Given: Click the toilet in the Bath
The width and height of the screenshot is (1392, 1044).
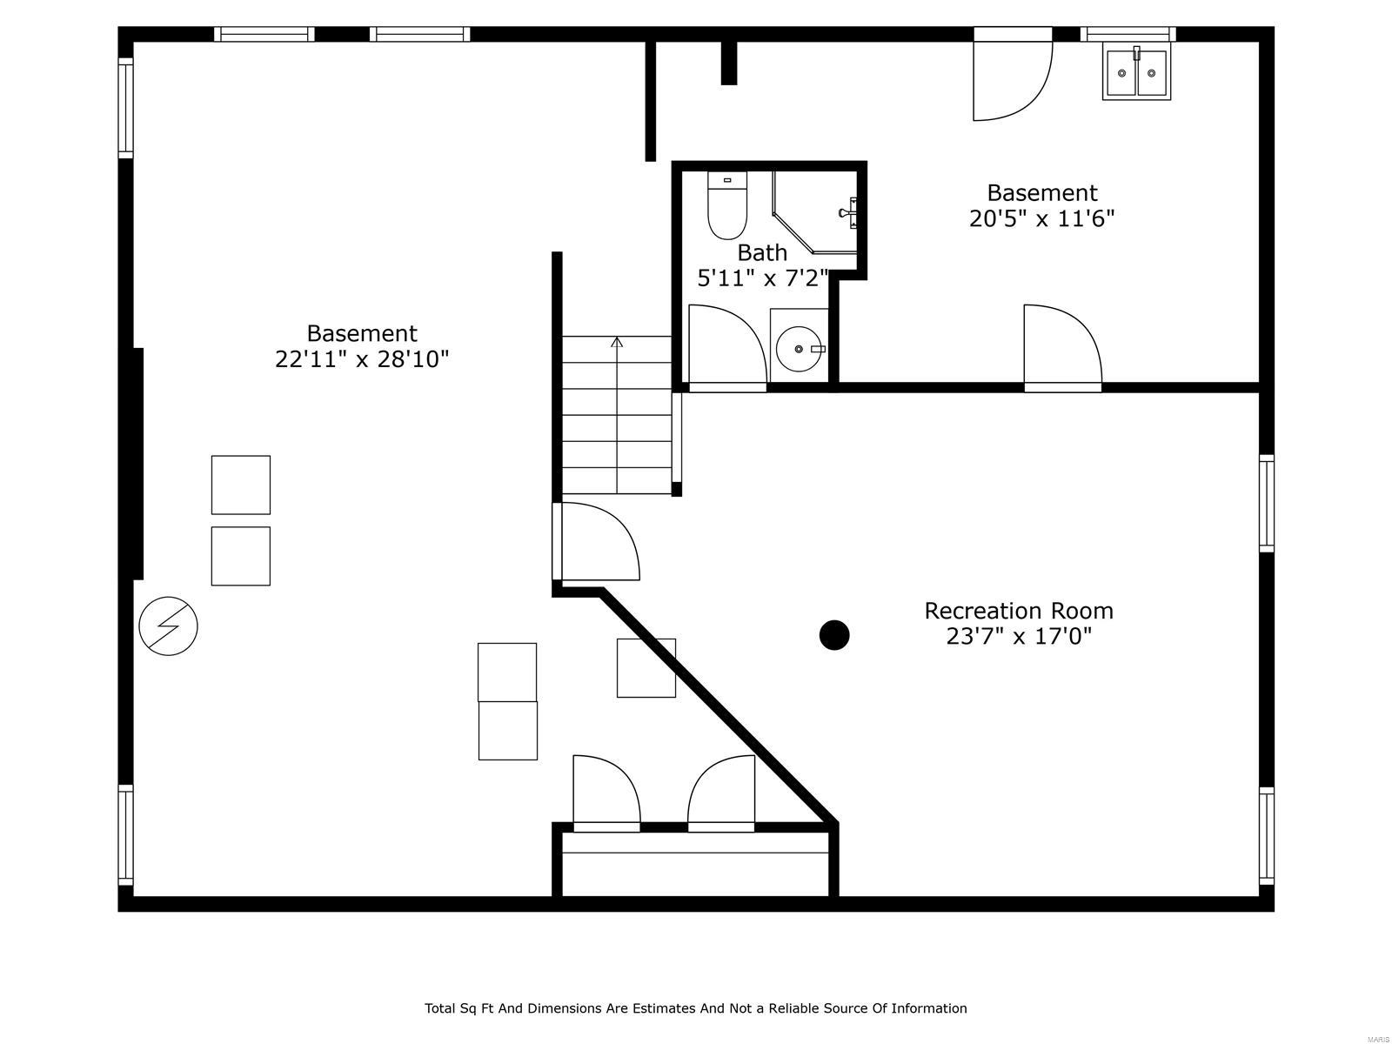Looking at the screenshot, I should click(x=727, y=207).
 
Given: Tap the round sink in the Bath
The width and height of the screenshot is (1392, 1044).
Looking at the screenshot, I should click(x=800, y=349).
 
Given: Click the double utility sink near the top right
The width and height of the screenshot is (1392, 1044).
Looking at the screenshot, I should click(x=1136, y=73).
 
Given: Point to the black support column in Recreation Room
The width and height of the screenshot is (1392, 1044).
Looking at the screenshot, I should click(x=834, y=635).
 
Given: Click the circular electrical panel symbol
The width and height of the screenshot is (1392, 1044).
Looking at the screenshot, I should click(x=169, y=626).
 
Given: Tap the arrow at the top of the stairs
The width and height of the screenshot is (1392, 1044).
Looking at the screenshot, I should click(x=617, y=343).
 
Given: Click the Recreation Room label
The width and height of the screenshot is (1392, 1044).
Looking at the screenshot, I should click(x=1018, y=611).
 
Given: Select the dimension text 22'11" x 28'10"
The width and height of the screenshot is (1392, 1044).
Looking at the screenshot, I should click(x=362, y=359).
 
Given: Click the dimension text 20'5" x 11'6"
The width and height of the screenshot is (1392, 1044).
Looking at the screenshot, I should click(x=1041, y=218).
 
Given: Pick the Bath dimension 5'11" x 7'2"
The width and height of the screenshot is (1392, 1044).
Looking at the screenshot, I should click(x=762, y=278).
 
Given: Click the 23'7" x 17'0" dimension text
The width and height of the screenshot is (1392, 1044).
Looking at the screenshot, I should click(x=1018, y=637).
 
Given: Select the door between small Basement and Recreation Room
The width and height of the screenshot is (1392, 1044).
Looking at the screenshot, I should click(x=1061, y=346).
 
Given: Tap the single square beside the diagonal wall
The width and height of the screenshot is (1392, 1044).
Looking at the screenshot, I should click(x=646, y=668).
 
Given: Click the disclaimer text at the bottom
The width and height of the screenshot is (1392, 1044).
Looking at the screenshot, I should click(x=695, y=1008).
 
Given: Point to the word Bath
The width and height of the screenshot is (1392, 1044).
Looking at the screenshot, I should click(x=762, y=253).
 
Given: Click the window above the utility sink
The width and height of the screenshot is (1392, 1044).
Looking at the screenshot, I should click(x=1128, y=35).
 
